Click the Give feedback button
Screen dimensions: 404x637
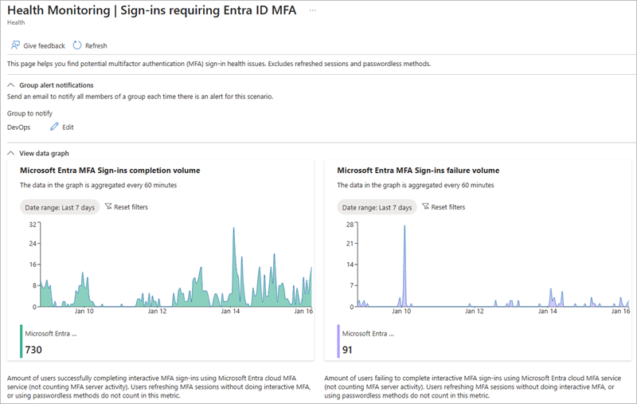(x=39, y=45)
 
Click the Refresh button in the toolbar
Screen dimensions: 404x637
(x=90, y=45)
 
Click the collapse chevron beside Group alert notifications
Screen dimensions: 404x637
(x=11, y=84)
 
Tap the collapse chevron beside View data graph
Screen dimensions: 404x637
(x=11, y=153)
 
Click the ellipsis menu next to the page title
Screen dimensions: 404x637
(x=312, y=9)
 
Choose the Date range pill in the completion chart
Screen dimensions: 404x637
(x=57, y=207)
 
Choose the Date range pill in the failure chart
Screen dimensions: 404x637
(x=377, y=207)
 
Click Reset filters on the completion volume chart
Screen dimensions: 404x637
(x=126, y=207)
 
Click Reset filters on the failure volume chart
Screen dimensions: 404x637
(x=444, y=207)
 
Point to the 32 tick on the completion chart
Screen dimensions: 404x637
(x=33, y=225)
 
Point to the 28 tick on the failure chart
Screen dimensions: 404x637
(x=348, y=225)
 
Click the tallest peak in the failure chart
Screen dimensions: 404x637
(x=404, y=227)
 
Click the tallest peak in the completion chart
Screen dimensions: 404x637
(x=233, y=229)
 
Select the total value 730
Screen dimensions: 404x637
(x=33, y=350)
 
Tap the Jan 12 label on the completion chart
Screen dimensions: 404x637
(x=157, y=312)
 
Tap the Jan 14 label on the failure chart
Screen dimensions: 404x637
(x=548, y=312)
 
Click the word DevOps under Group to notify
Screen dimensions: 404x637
(x=19, y=127)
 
